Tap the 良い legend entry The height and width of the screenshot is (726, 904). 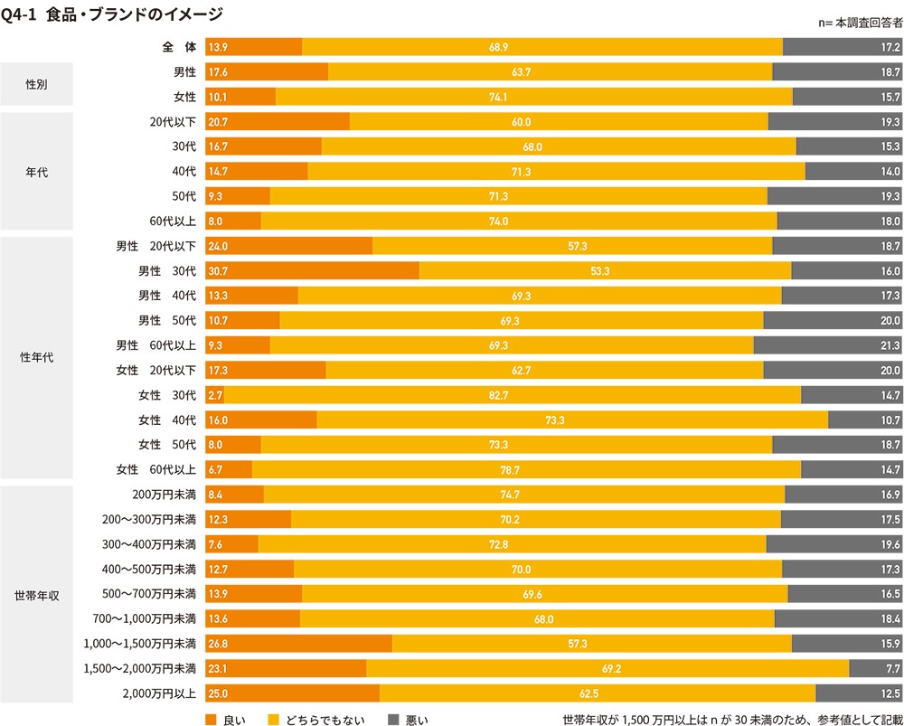point(226,720)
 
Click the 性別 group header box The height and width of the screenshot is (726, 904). point(36,84)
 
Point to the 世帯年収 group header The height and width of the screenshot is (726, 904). point(36,595)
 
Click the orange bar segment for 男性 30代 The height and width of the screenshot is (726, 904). point(312,270)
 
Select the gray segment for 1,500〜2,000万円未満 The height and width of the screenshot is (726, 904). point(875,669)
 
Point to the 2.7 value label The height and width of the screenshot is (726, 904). point(214,395)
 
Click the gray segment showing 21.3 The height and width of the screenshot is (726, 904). point(827,345)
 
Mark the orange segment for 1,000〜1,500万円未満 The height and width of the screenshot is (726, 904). point(298,644)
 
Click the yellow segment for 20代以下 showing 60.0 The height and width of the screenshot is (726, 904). point(559,121)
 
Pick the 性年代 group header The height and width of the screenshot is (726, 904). point(36,357)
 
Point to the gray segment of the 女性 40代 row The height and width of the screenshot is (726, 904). point(864,420)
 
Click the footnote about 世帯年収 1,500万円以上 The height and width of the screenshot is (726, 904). point(731,720)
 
